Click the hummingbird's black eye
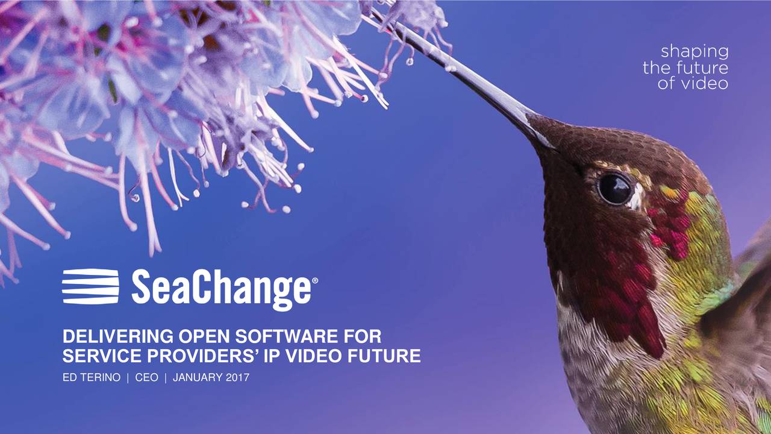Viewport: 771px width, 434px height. [x=614, y=189]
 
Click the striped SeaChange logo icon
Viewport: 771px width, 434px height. [x=90, y=286]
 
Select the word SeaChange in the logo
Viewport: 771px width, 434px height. [x=220, y=289]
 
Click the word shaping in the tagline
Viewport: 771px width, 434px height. [x=695, y=52]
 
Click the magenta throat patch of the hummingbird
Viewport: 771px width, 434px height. [x=626, y=283]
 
